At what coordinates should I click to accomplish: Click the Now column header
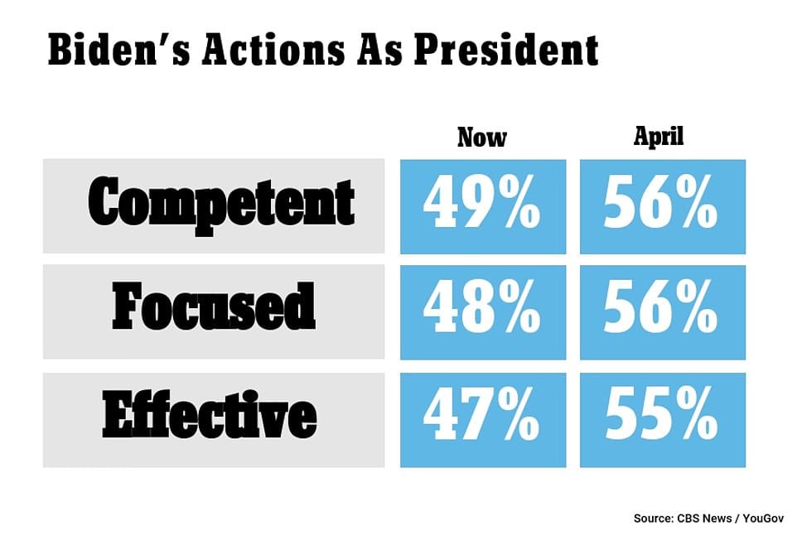click(x=482, y=138)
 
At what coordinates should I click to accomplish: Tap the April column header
click(x=659, y=137)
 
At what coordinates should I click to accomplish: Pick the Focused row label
click(x=214, y=307)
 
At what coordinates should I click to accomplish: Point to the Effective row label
click(x=210, y=414)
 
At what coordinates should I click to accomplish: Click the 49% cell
click(x=483, y=207)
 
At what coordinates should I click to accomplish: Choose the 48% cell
click(x=483, y=312)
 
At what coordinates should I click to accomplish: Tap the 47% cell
click(x=483, y=420)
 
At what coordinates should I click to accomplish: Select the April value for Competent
click(x=663, y=207)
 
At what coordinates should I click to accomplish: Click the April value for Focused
click(x=663, y=312)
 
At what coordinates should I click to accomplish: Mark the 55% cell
click(x=663, y=420)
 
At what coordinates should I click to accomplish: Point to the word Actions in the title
click(x=273, y=50)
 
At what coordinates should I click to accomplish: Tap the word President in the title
click(x=506, y=50)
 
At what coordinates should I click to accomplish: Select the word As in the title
click(x=379, y=50)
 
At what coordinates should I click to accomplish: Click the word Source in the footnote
click(x=653, y=519)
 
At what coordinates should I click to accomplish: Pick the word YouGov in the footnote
click(x=763, y=519)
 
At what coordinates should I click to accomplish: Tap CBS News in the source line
click(x=704, y=519)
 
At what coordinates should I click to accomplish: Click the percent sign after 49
click(x=519, y=202)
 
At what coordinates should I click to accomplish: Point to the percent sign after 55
click(x=697, y=413)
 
